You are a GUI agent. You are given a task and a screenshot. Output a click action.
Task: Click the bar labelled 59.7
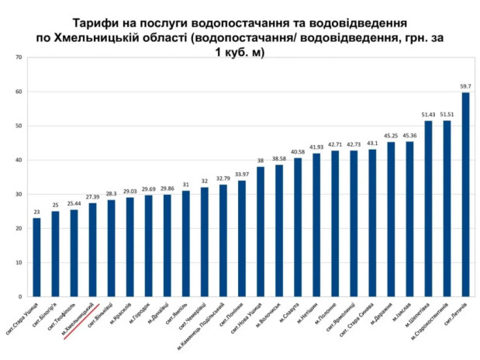click(x=466, y=194)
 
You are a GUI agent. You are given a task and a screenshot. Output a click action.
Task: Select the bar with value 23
click(x=36, y=257)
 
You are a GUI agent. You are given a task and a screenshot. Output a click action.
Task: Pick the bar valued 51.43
click(x=428, y=209)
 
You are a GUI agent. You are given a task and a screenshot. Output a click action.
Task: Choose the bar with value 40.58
click(x=298, y=227)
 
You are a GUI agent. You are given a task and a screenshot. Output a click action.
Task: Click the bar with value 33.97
click(x=242, y=238)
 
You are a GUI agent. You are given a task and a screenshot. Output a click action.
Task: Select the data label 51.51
click(x=447, y=115)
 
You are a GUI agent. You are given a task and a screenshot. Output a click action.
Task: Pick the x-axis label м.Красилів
click(x=121, y=314)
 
